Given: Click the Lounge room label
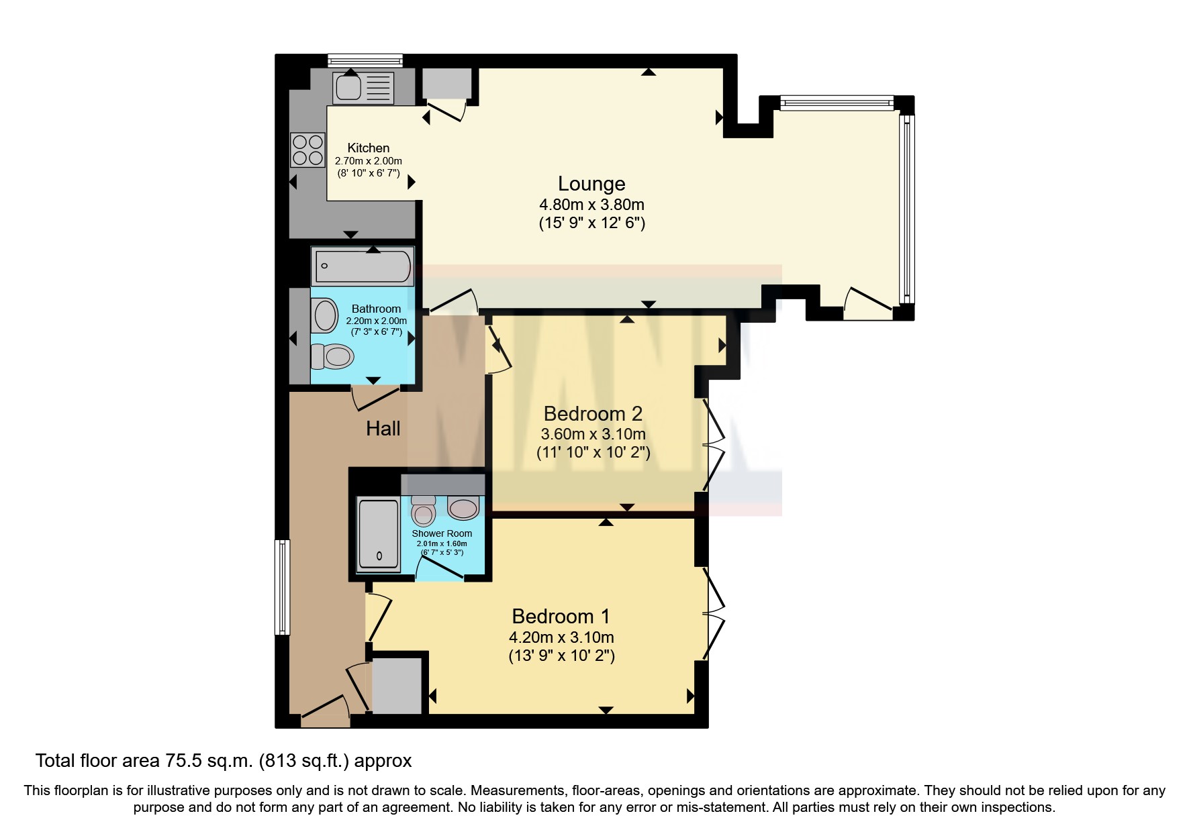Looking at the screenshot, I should pos(591,184).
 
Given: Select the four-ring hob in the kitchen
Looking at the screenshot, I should pos(307,150).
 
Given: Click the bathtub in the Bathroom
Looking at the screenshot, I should pos(363,266).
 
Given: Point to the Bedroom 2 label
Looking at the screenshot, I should pos(593,413).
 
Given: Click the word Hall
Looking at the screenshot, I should pos(383,429).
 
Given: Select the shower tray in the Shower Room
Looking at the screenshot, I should pos(379,534).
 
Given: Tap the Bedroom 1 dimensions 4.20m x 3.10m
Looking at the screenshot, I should pos(561,637).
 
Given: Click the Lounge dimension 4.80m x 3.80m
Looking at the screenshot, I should pos(591,205).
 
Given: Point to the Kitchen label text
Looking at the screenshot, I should pos(368,148).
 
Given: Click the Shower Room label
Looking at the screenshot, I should pos(442,533).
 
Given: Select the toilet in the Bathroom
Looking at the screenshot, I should pos(333,356).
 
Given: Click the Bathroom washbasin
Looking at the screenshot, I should pos(325,315).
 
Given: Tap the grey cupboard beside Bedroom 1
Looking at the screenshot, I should pos(397,686).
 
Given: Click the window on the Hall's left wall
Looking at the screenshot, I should pos(283,587).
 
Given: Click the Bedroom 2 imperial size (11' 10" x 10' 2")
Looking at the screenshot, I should pos(593,452).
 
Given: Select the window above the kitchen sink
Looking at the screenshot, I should pos(365,61).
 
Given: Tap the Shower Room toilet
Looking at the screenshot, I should pos(424,511).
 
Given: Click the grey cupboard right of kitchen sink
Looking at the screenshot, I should pos(446,83).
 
